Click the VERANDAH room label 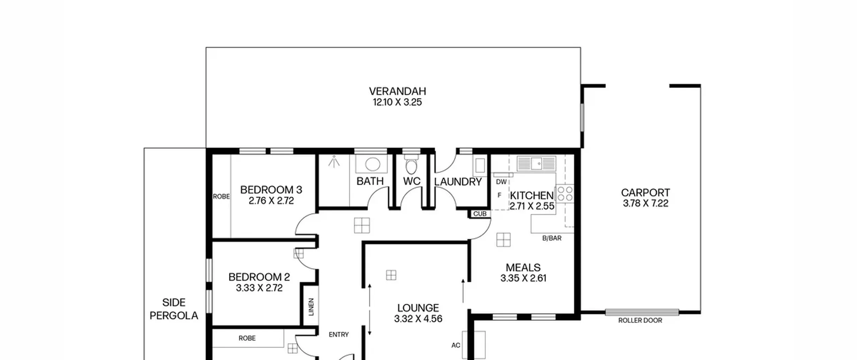pos(397,91)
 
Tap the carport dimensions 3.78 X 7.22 pos(645,203)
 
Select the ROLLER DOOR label pos(640,320)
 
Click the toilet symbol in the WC pos(411,164)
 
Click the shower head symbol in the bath pos(334,161)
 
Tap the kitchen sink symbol pos(536,164)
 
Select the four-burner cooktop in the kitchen pos(565,194)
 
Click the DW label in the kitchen pos(501,182)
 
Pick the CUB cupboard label pos(480,214)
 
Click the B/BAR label pos(552,238)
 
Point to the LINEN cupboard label pos(311,307)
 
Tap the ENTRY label pos(338,335)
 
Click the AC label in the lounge pos(456,345)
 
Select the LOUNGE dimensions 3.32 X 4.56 pos(418,318)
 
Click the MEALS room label pos(523,267)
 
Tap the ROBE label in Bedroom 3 pos(221,197)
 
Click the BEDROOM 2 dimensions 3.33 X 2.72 pos(259,288)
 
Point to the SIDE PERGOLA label pos(174,309)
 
